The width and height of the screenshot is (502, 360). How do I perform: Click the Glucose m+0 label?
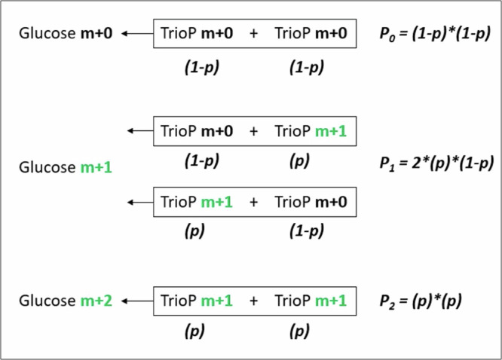pyautogui.click(x=66, y=33)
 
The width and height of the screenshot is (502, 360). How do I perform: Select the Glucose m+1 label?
pyautogui.click(x=66, y=166)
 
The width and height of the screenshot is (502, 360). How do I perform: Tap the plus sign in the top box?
pyautogui.click(x=253, y=33)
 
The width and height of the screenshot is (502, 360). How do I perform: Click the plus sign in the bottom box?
pyautogui.click(x=253, y=301)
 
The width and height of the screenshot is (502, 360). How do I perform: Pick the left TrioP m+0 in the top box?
pyautogui.click(x=197, y=33)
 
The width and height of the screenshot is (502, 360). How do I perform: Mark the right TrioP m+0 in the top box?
pyautogui.click(x=311, y=33)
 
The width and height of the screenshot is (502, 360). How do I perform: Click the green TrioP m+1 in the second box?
pyautogui.click(x=311, y=130)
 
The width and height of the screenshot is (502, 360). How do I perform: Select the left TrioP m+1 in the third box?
pyautogui.click(x=197, y=202)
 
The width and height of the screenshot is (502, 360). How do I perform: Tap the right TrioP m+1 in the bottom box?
pyautogui.click(x=311, y=301)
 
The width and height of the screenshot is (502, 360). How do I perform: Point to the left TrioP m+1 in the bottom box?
pyautogui.click(x=197, y=301)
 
